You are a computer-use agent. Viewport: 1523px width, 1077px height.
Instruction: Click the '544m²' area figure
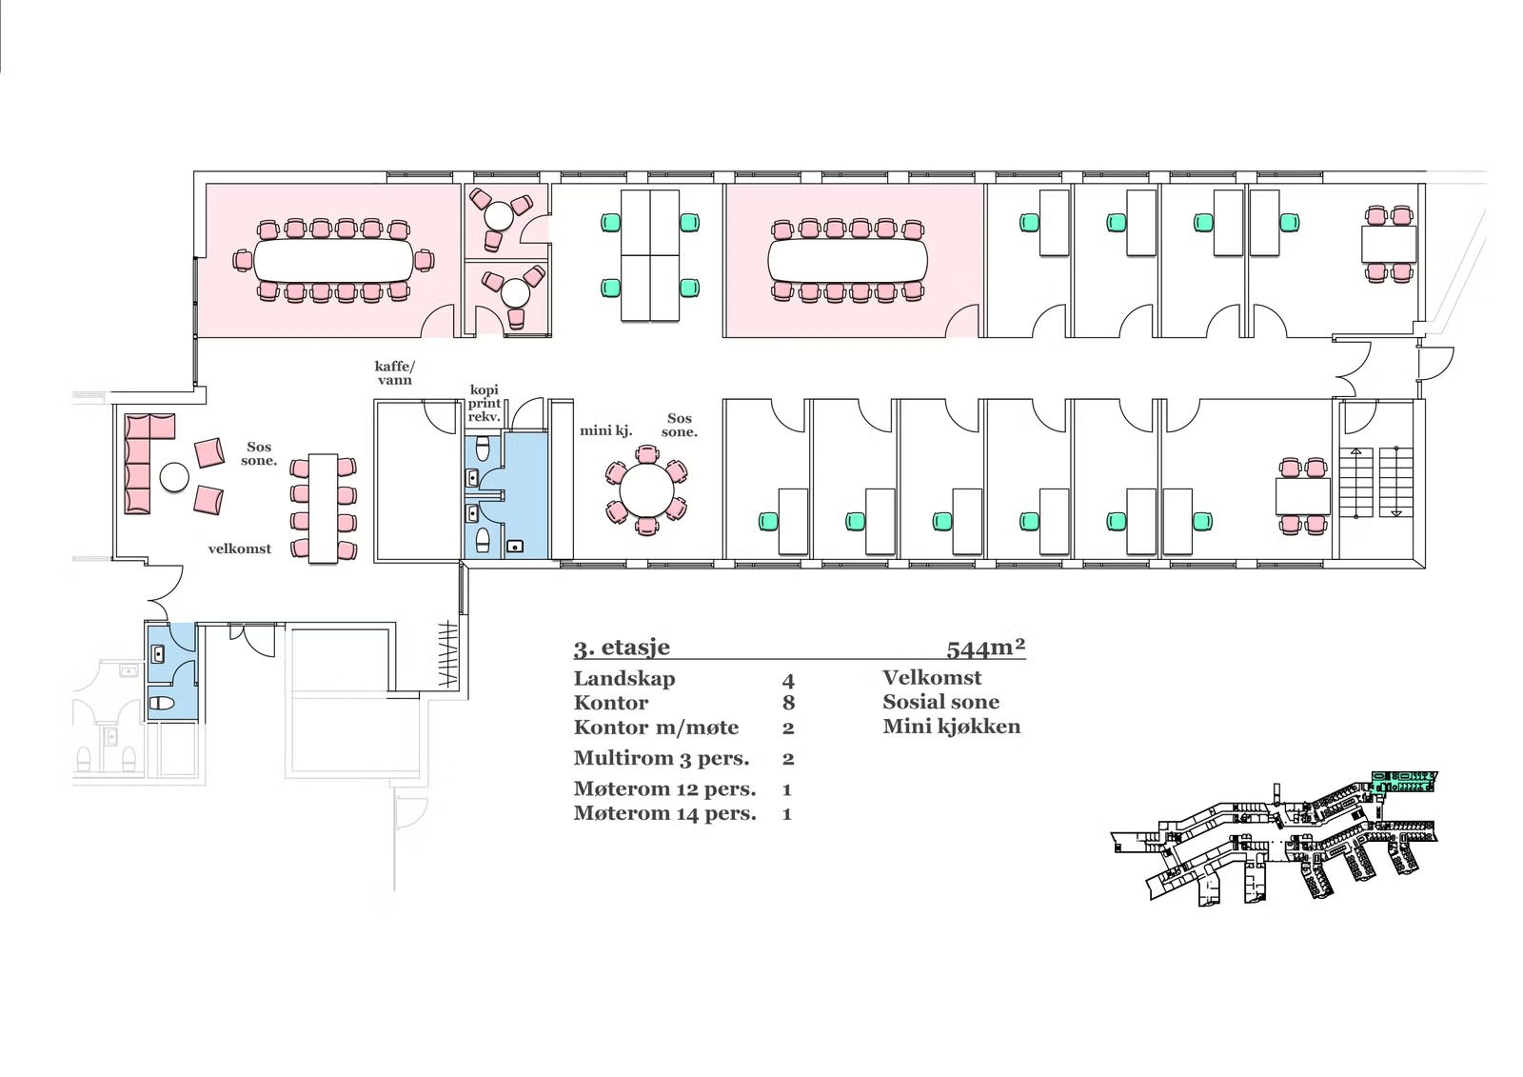pyautogui.click(x=985, y=648)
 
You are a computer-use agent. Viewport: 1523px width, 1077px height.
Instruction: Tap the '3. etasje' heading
pyautogui.click(x=622, y=648)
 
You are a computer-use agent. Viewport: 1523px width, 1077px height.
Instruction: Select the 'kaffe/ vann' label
pyautogui.click(x=395, y=372)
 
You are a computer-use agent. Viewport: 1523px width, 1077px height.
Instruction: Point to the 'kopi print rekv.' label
pyautogui.click(x=485, y=404)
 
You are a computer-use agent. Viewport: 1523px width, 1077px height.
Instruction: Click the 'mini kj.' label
pyautogui.click(x=606, y=430)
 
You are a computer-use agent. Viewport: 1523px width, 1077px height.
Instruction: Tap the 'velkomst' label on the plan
pyautogui.click(x=240, y=548)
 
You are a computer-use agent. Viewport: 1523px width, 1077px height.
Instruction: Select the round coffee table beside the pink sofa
pyautogui.click(x=175, y=476)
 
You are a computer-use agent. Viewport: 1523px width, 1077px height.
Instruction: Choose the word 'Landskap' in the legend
pyautogui.click(x=623, y=679)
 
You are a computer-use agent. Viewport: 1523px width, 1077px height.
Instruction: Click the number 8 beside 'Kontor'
pyautogui.click(x=788, y=704)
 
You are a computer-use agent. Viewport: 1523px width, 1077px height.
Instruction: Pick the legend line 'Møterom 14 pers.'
pyautogui.click(x=664, y=813)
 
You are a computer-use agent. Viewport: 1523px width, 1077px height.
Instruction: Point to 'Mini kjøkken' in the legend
pyautogui.click(x=951, y=727)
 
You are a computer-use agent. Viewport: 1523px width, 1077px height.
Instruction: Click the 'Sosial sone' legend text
pyautogui.click(x=940, y=702)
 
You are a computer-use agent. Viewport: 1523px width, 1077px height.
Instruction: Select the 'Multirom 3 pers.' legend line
pyautogui.click(x=661, y=759)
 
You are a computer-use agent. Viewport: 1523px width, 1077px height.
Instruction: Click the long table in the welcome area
pyautogui.click(x=324, y=509)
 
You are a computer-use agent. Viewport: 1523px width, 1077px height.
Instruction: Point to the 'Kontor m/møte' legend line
pyautogui.click(x=656, y=728)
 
